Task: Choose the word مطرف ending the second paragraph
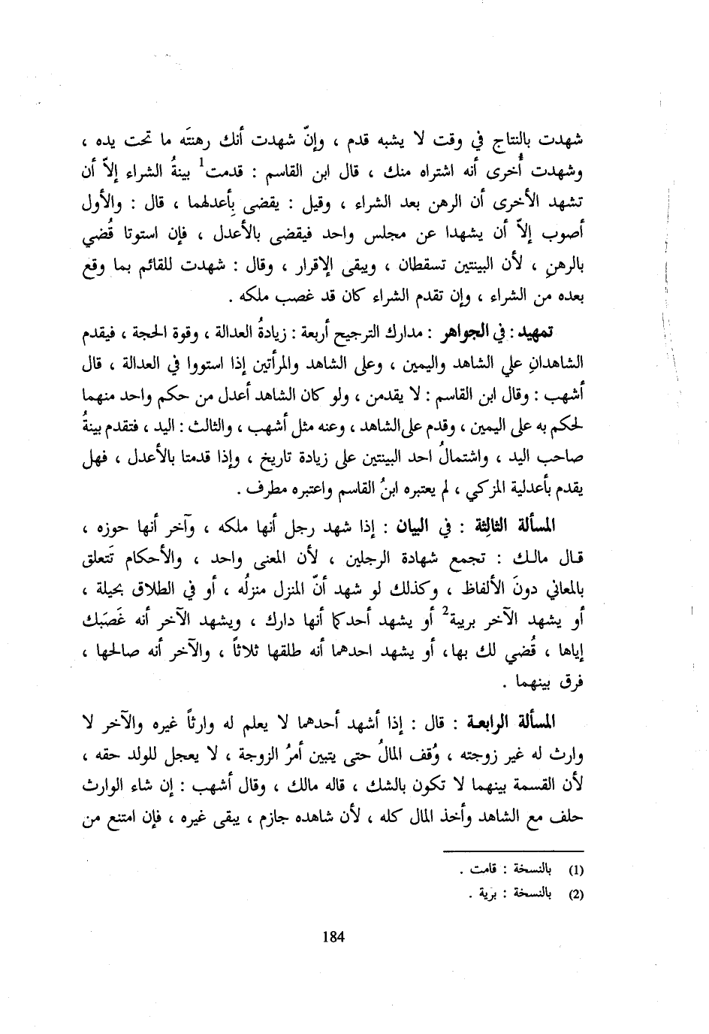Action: [259, 494]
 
